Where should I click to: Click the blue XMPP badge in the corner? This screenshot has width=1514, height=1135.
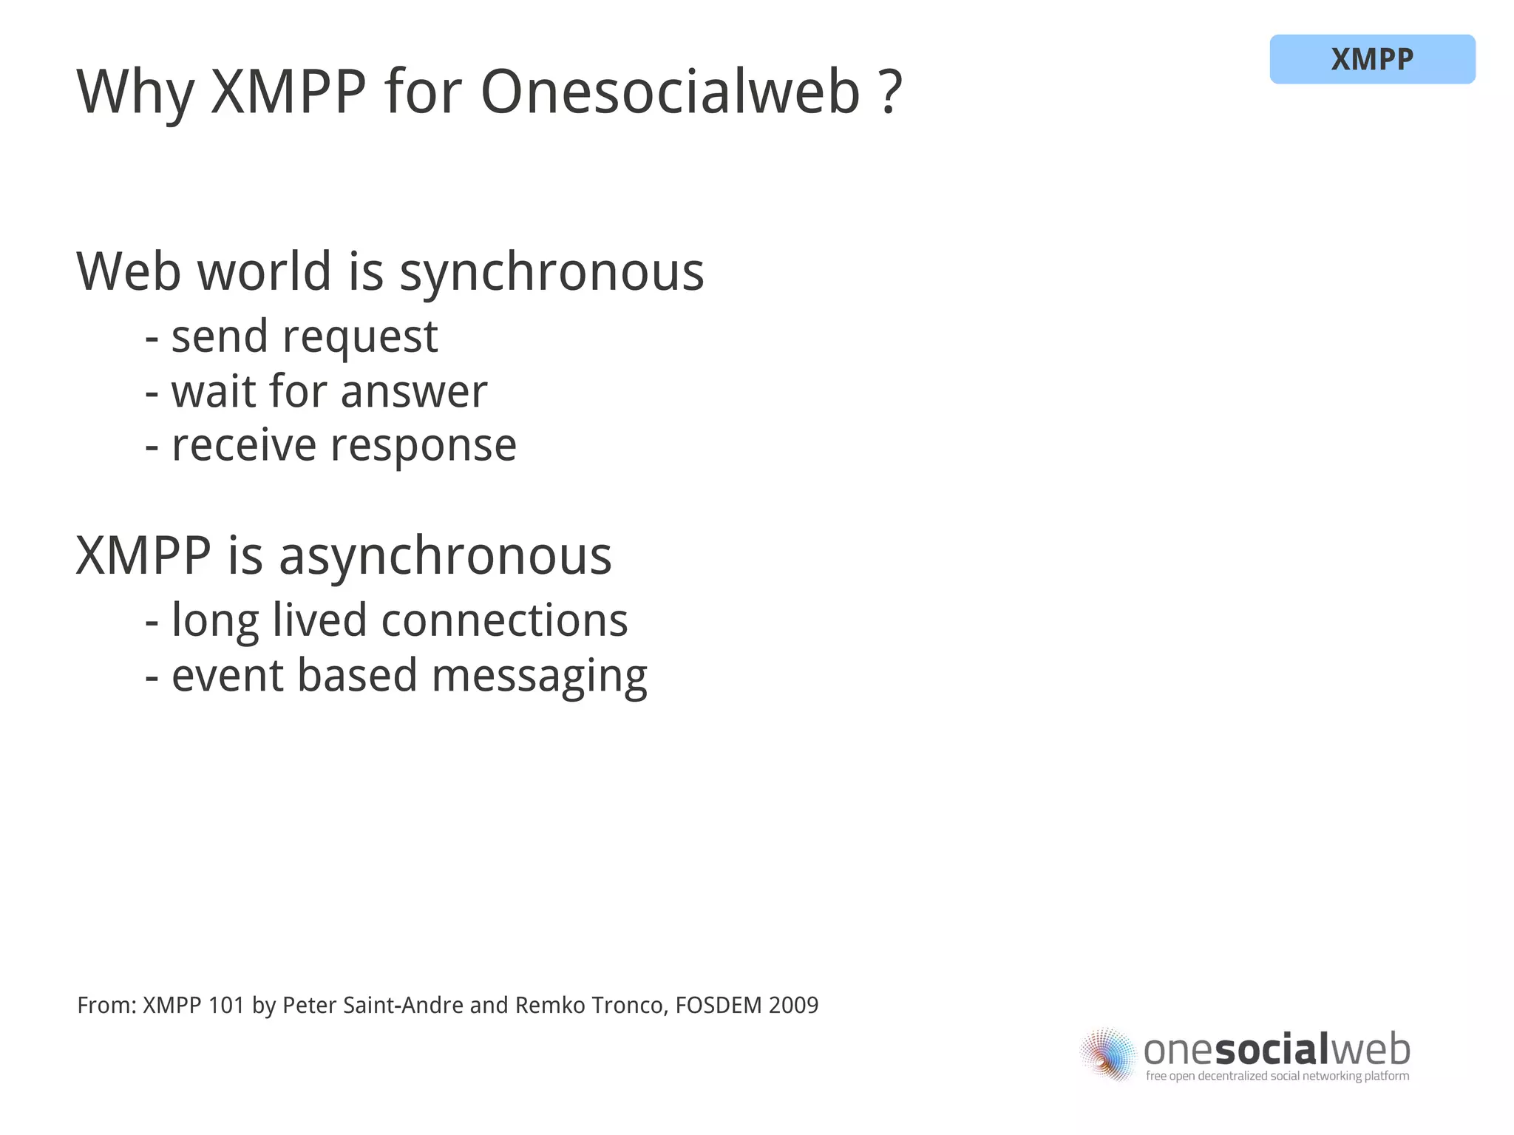click(x=1371, y=59)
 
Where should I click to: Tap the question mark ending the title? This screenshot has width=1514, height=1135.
click(x=892, y=92)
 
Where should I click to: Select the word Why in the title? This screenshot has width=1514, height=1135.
click(x=135, y=94)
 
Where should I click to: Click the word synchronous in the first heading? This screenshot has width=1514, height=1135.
click(x=551, y=273)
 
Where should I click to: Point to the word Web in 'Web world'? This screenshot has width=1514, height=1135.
click(x=129, y=271)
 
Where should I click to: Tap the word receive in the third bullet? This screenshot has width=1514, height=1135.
click(x=243, y=446)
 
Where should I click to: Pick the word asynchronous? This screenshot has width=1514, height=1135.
click(x=445, y=556)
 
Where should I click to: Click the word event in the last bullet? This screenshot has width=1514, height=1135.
click(x=227, y=676)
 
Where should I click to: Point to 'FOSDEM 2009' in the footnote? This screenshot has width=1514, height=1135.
click(x=747, y=1006)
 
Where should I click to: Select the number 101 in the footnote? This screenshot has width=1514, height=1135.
click(x=225, y=1006)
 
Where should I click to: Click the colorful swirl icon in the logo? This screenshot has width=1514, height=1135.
click(x=1107, y=1054)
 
